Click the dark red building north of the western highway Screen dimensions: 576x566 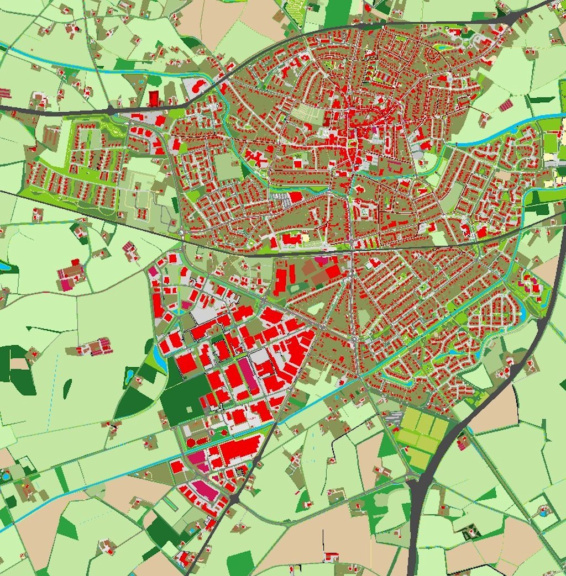coord(153,98)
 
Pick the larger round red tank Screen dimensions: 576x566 coord(191,442)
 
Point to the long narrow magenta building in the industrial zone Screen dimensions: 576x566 coord(248,375)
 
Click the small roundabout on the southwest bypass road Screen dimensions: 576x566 coord(234,498)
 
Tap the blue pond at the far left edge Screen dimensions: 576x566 coord(4,266)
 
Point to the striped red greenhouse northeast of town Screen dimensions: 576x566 coord(506,105)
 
